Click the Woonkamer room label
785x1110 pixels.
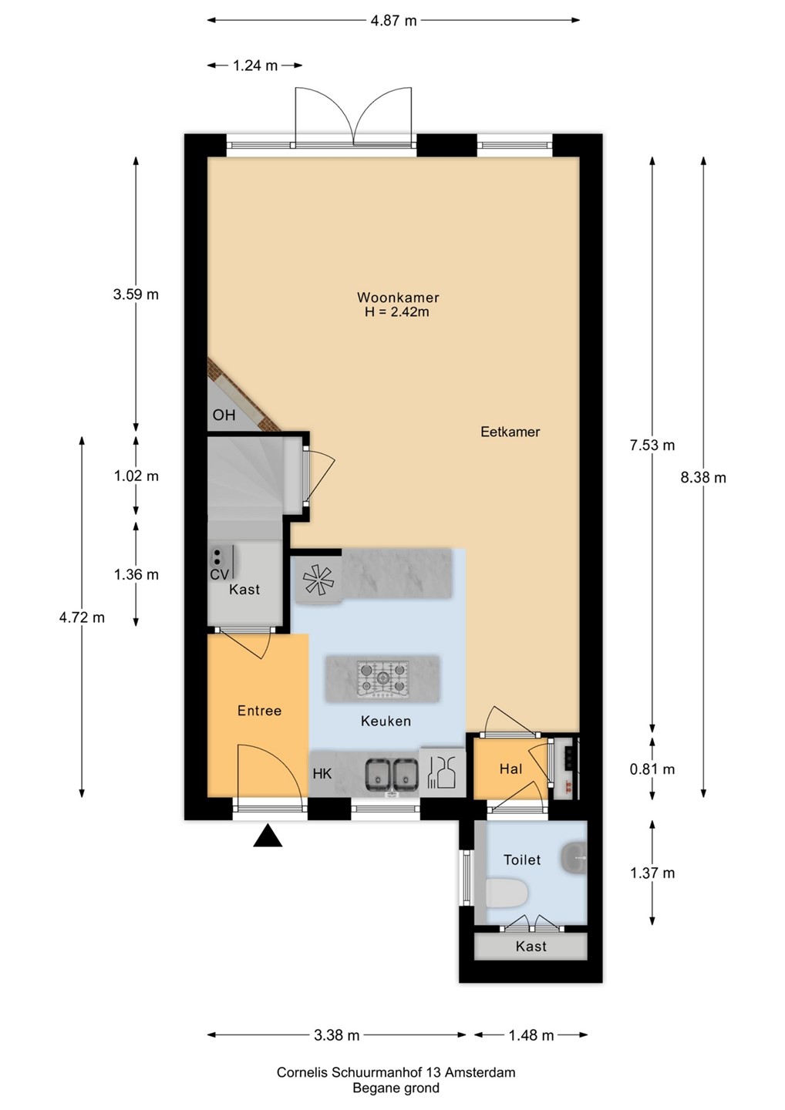[x=398, y=298]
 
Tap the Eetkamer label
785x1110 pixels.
[x=510, y=432]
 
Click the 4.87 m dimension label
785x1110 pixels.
[x=393, y=21]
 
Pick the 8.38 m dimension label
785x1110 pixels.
[x=702, y=477]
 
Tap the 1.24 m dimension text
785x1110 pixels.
[x=255, y=66]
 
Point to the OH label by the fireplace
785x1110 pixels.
[x=224, y=415]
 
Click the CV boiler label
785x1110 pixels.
[x=219, y=574]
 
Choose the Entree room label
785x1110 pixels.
[x=259, y=711]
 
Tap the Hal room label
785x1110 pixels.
[x=511, y=769]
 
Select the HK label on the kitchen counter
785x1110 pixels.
[x=322, y=774]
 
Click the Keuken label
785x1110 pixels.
[x=386, y=721]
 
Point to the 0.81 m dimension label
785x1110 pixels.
[x=652, y=769]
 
